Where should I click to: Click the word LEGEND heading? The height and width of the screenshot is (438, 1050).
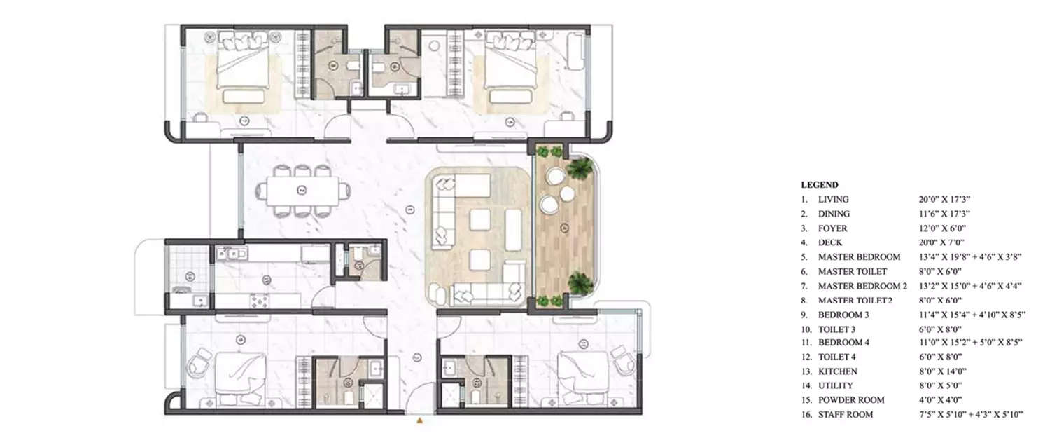point(820,185)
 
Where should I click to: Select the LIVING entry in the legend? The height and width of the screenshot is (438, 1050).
point(833,200)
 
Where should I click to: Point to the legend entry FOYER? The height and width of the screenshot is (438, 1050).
point(832,228)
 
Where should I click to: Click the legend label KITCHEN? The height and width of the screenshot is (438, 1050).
point(837,371)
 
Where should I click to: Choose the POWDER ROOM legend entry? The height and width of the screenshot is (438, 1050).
point(850,400)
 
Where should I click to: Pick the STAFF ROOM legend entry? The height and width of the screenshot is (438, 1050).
point(845,415)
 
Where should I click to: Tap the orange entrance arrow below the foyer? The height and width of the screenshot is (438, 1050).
point(419,421)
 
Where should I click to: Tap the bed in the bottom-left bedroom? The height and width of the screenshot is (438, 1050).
point(239,378)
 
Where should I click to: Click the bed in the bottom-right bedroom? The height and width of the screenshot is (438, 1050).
point(582,378)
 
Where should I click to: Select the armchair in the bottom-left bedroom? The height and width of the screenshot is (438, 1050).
point(199,364)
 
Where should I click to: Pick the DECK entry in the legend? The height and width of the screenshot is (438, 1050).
point(830,242)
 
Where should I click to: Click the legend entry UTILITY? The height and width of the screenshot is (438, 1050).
point(835,385)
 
